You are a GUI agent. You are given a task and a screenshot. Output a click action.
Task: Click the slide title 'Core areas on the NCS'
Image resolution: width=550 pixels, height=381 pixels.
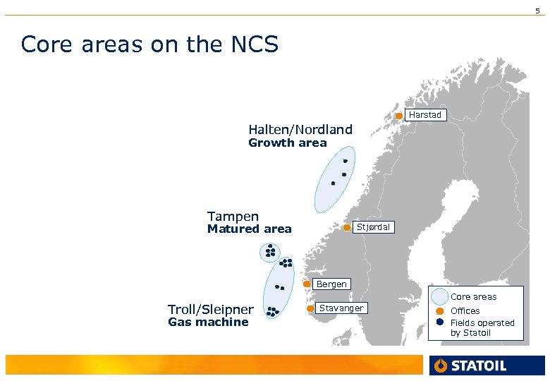(x=150, y=44)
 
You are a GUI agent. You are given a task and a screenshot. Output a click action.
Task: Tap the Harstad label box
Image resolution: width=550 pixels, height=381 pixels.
(x=425, y=115)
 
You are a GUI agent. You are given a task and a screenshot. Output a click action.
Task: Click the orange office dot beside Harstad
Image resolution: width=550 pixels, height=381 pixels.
(x=398, y=116)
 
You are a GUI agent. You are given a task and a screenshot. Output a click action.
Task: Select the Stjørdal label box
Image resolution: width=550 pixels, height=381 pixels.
(x=372, y=227)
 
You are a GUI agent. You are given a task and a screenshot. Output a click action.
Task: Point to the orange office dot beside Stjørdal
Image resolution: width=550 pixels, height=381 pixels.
(x=347, y=227)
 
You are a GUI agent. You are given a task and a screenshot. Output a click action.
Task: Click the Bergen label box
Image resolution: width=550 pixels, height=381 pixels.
(x=331, y=284)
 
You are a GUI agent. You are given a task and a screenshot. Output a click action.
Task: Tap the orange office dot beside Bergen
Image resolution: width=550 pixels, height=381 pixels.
(x=307, y=284)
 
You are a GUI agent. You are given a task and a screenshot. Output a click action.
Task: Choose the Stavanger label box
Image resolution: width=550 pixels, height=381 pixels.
(x=341, y=308)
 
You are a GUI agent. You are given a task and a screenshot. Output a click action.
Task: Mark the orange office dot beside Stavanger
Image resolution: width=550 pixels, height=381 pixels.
(x=310, y=308)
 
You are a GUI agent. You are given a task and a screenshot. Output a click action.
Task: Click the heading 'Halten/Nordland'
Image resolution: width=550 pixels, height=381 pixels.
(x=300, y=129)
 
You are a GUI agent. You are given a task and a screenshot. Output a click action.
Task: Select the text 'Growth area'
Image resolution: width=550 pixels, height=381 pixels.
(x=288, y=143)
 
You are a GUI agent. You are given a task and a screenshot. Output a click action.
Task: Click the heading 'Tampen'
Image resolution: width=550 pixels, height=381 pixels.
(x=233, y=217)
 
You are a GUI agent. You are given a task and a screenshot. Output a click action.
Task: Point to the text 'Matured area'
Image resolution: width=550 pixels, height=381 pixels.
(x=249, y=229)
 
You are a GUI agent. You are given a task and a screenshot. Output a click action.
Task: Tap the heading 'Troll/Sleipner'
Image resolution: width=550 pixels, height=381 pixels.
(x=210, y=310)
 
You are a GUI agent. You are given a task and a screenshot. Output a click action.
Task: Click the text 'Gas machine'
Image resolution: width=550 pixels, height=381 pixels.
(x=208, y=322)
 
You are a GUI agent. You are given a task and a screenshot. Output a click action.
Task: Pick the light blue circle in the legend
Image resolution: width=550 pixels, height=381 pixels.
(x=440, y=297)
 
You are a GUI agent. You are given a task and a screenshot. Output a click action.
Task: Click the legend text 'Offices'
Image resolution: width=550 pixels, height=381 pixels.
(x=465, y=311)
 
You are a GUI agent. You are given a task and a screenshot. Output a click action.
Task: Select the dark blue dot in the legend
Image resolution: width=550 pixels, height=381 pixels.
(x=439, y=322)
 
